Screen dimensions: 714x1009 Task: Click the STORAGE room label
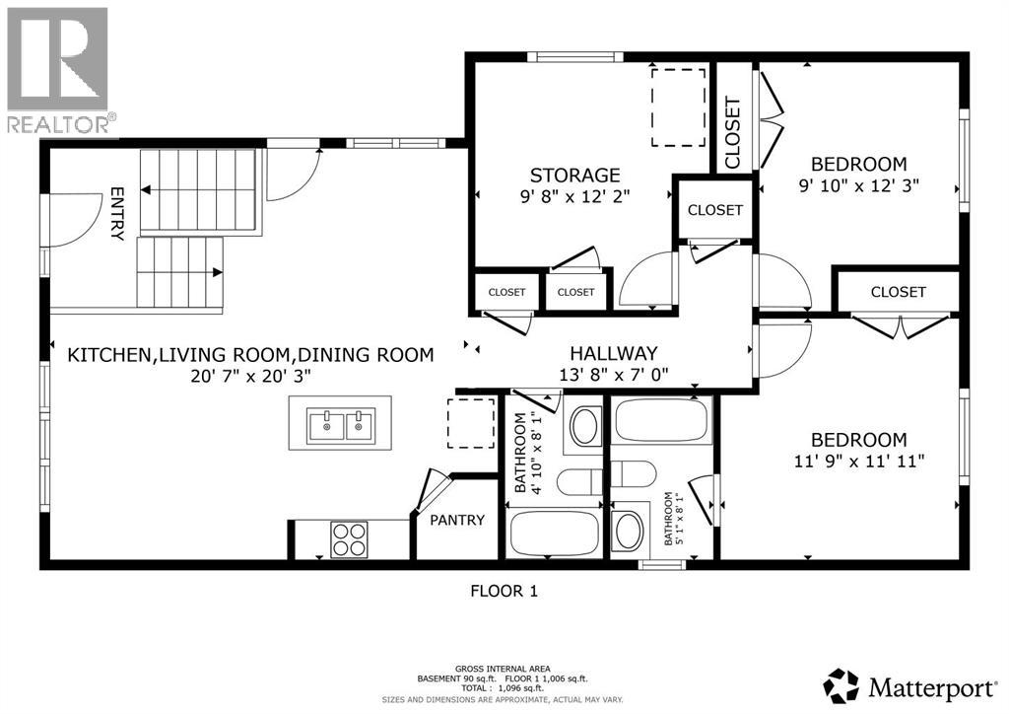tap(575, 176)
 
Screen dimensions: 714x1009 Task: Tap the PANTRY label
tap(456, 520)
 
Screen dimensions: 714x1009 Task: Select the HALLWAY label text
tap(613, 353)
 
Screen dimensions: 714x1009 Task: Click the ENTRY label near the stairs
tap(116, 214)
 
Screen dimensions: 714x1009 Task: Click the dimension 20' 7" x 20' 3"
tap(249, 375)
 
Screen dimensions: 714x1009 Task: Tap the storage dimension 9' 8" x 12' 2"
tap(575, 196)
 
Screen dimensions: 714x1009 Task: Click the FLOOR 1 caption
tap(504, 592)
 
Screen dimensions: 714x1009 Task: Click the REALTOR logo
tap(57, 69)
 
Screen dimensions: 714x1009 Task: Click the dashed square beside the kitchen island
tap(472, 423)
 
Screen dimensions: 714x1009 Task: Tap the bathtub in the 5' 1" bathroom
tap(661, 421)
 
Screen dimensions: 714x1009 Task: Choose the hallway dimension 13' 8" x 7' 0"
tap(613, 374)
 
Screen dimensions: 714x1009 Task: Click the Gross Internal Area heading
tap(504, 668)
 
